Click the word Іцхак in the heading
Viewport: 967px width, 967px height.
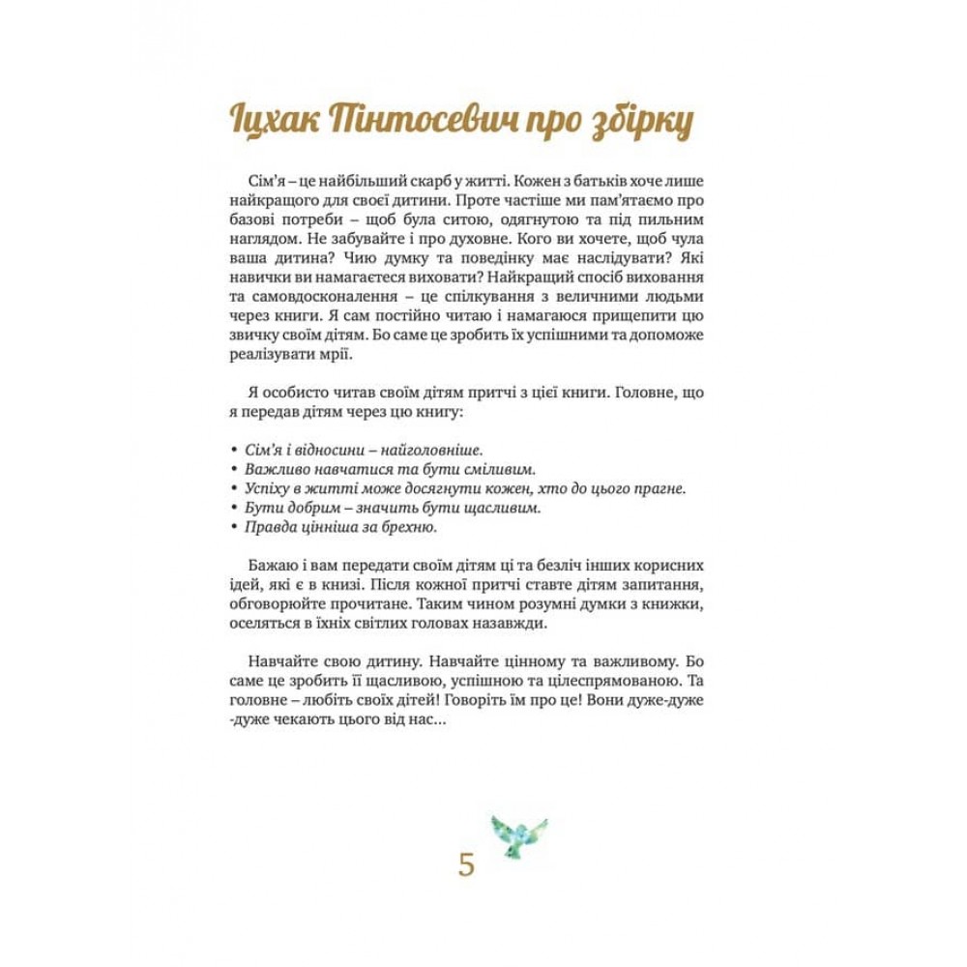[x=277, y=122]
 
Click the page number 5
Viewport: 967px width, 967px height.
[x=467, y=864]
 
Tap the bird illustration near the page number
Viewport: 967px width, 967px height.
[x=519, y=834]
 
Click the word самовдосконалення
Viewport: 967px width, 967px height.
[x=318, y=295]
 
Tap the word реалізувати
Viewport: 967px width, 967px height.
[x=275, y=356]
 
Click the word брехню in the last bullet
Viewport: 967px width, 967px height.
[x=410, y=526]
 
